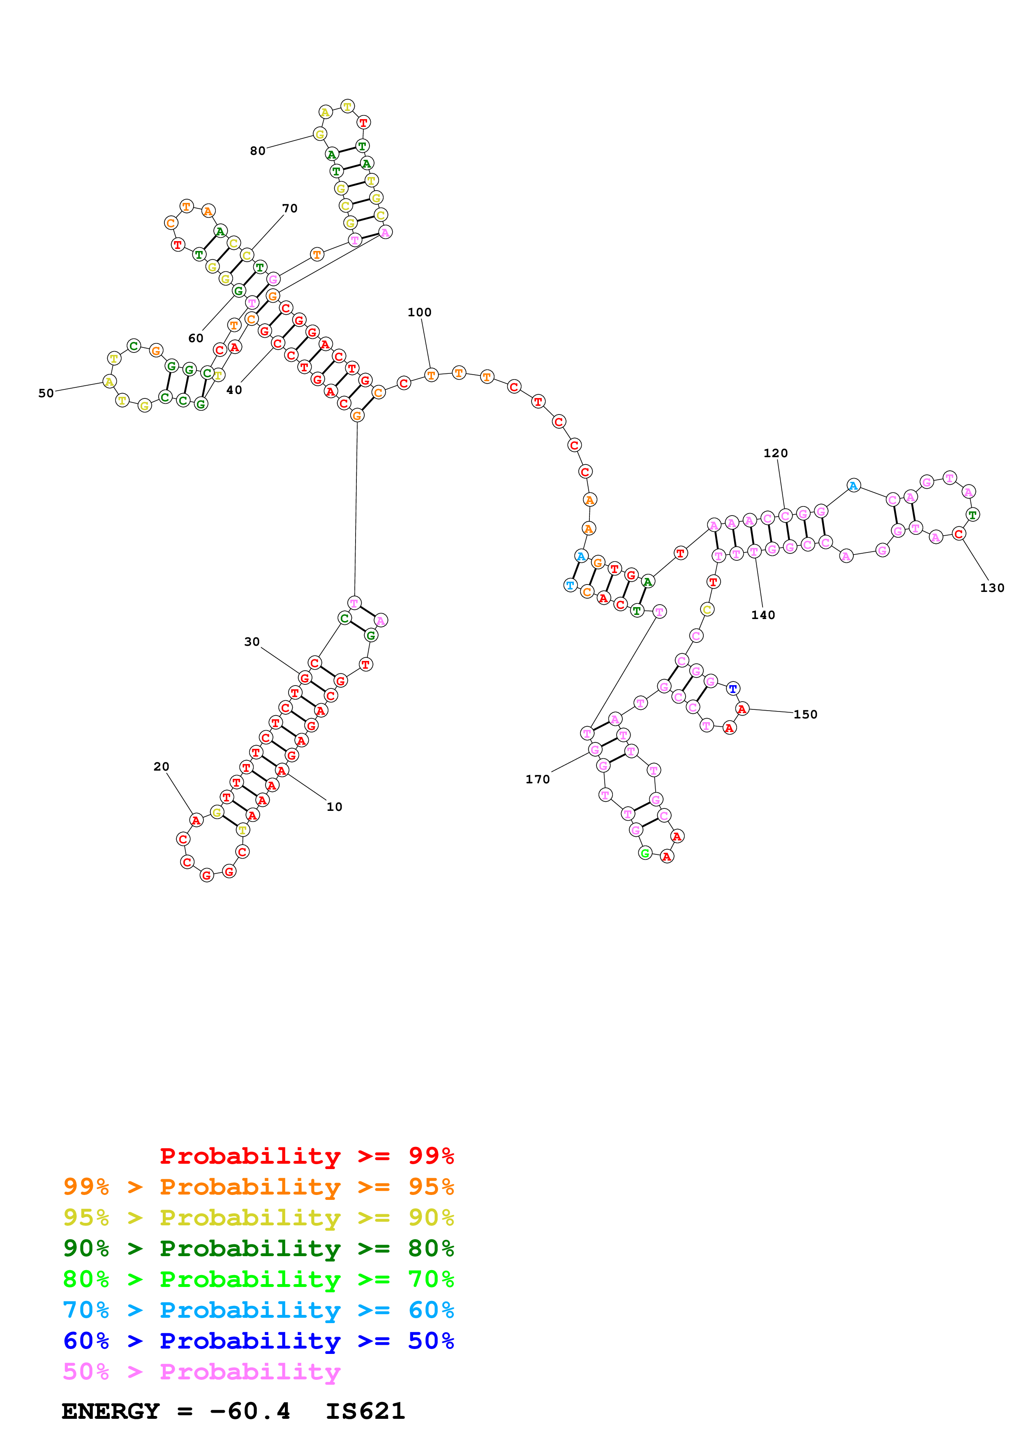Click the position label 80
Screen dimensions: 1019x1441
tap(257, 151)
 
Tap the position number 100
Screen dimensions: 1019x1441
tap(419, 313)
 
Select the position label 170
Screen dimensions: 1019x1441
tap(537, 780)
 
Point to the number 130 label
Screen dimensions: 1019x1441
tap(992, 588)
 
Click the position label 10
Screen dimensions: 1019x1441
tap(334, 807)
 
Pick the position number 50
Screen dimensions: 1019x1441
tap(46, 394)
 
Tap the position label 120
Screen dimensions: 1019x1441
tap(775, 453)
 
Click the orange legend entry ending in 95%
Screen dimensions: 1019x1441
tap(259, 1187)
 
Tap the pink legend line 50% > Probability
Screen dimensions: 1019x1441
tap(201, 1372)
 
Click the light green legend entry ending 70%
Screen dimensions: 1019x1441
tap(259, 1279)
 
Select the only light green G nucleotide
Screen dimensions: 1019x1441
tap(645, 853)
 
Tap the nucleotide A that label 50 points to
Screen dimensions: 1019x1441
tap(109, 382)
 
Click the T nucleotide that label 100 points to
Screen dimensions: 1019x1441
tap(431, 375)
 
